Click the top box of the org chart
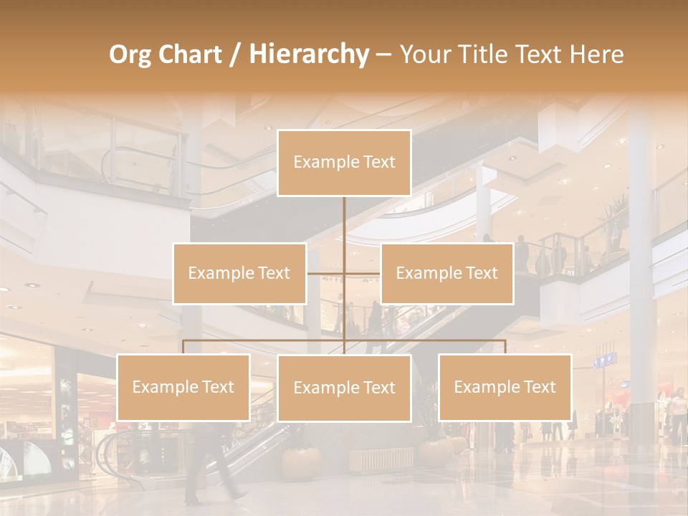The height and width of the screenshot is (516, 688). click(x=344, y=163)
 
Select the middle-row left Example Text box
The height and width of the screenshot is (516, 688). click(x=239, y=273)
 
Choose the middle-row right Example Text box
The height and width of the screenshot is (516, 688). click(x=446, y=273)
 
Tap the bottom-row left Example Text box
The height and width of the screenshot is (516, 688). click(x=183, y=387)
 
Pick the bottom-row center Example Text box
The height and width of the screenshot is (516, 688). click(x=344, y=388)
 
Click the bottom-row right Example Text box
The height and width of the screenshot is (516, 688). click(x=505, y=387)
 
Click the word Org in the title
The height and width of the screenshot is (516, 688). click(x=130, y=54)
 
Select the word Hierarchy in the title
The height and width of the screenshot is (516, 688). click(x=308, y=54)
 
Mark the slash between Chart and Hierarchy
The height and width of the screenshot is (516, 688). click(x=234, y=54)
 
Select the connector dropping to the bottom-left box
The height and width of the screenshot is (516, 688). click(x=183, y=347)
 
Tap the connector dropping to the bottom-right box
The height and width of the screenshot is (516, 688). click(x=505, y=347)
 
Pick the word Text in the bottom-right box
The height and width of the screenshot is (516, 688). click(x=538, y=387)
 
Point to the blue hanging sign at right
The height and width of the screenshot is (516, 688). click(x=604, y=360)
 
